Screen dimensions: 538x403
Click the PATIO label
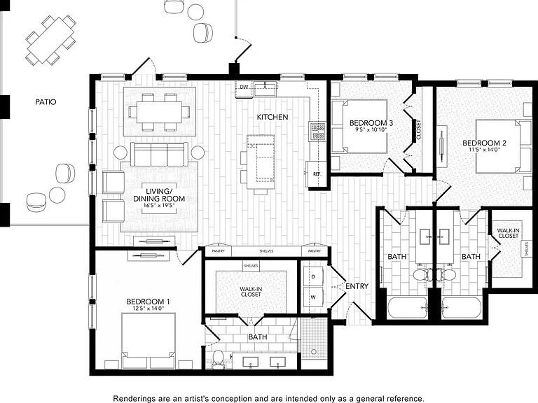pyautogui.click(x=46, y=101)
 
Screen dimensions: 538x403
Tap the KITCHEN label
pyautogui.click(x=273, y=118)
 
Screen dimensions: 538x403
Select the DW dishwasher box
pyautogui.click(x=244, y=89)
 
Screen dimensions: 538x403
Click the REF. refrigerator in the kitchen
pyautogui.click(x=317, y=174)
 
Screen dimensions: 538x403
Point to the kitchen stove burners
pyautogui.click(x=318, y=132)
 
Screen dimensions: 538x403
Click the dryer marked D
pyautogui.click(x=313, y=276)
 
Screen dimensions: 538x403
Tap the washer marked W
pyautogui.click(x=313, y=297)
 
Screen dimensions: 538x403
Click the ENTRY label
pyautogui.click(x=357, y=286)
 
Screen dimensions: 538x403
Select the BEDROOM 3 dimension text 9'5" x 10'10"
pyautogui.click(x=371, y=129)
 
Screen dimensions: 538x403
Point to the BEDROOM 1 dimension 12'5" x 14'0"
pyautogui.click(x=149, y=309)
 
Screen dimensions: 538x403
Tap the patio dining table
pyautogui.click(x=50, y=40)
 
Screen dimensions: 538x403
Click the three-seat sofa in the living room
pyautogui.click(x=159, y=154)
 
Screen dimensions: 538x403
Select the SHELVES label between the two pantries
pyautogui.click(x=266, y=251)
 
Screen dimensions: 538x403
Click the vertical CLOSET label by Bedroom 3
pyautogui.click(x=419, y=129)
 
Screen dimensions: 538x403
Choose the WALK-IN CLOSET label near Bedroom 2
pyautogui.click(x=508, y=234)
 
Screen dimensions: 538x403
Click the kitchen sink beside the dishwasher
pyautogui.click(x=265, y=88)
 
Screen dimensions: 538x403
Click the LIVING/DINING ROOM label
pyautogui.click(x=159, y=195)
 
